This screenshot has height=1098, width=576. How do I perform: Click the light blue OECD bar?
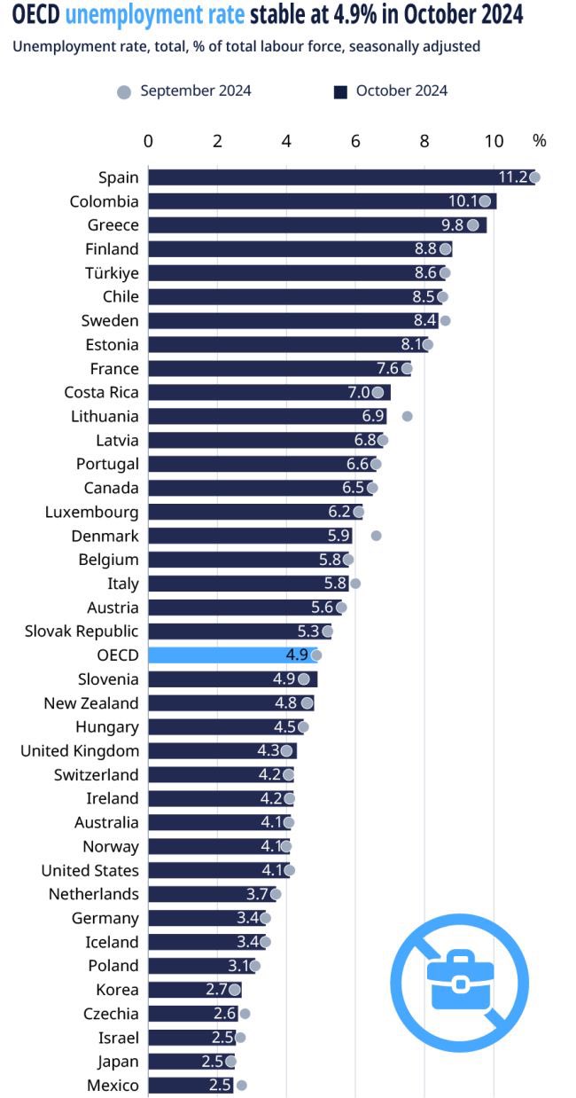(232, 655)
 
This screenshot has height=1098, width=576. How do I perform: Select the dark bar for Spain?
(341, 177)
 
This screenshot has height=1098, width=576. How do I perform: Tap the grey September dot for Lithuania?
(408, 416)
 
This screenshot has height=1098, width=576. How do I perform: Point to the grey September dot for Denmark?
(376, 536)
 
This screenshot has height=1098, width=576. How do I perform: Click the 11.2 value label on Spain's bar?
(513, 177)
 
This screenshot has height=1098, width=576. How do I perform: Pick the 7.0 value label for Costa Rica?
(358, 392)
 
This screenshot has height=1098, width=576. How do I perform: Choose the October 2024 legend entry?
(391, 90)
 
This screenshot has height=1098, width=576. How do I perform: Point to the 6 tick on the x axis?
(355, 141)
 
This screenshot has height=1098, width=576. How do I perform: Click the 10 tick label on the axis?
(494, 141)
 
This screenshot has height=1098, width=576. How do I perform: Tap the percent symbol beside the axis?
(540, 141)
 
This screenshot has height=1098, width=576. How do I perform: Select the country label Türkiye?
(112, 272)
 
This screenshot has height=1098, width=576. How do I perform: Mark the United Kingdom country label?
(80, 751)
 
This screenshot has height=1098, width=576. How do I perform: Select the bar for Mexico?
(190, 1086)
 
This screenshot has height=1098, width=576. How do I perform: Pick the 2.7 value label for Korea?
(216, 990)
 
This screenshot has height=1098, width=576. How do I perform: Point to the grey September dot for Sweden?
(445, 320)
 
